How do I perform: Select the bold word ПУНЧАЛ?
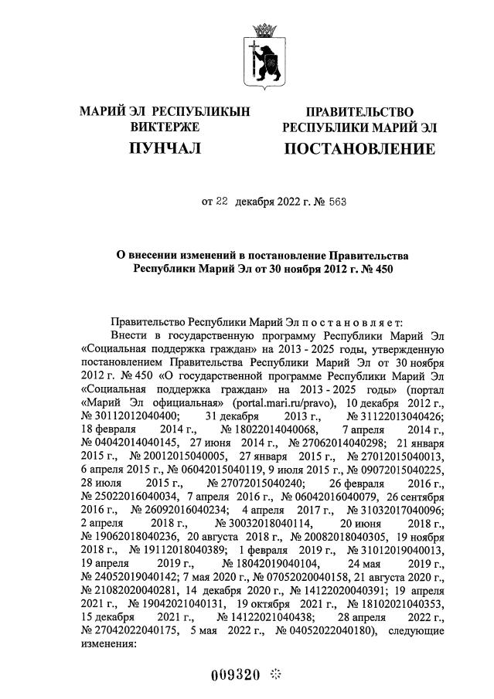[165, 148]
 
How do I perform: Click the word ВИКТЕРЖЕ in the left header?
[165, 127]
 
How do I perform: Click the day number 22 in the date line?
[221, 202]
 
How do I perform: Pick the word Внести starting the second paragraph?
[129, 337]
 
